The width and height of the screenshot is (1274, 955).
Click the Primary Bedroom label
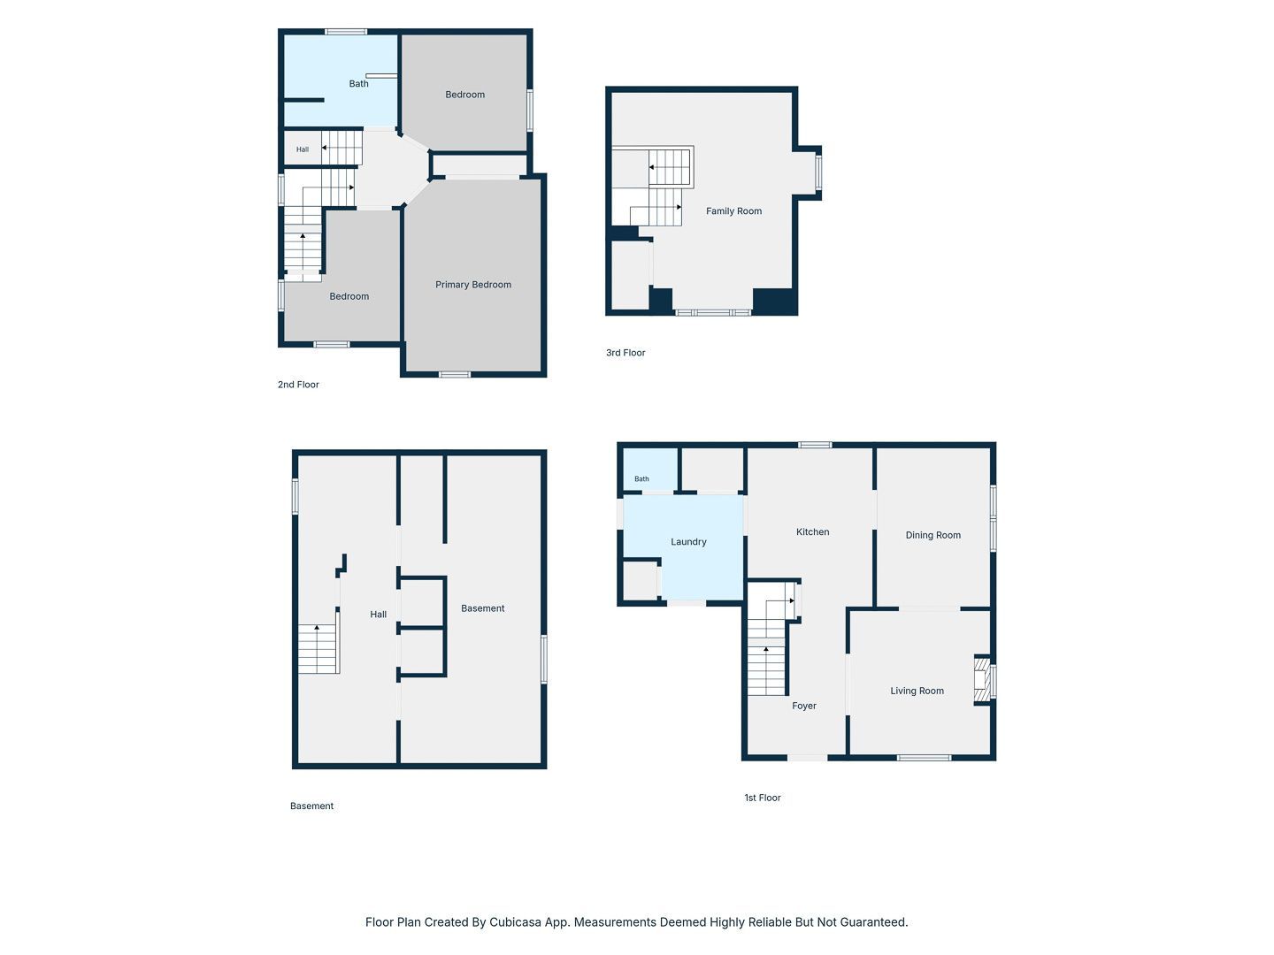click(473, 285)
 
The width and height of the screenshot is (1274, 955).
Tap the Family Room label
click(733, 211)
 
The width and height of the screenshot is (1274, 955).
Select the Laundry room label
click(688, 541)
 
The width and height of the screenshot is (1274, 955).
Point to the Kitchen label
click(812, 531)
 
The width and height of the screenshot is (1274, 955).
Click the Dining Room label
click(932, 535)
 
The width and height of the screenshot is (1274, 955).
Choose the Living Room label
click(917, 691)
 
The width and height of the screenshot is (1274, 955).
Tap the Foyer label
click(804, 706)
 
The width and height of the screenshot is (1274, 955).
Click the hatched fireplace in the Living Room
click(981, 680)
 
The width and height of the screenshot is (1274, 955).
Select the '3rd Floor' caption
click(625, 353)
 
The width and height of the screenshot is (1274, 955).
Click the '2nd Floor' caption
click(298, 385)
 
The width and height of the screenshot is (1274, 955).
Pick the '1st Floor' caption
click(763, 798)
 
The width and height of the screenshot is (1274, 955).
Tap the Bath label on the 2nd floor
click(358, 83)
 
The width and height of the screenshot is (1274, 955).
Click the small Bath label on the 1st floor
click(641, 479)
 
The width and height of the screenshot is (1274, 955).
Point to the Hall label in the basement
click(379, 614)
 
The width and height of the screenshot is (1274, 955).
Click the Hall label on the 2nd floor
click(303, 149)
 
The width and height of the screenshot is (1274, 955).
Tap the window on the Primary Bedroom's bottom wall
click(455, 375)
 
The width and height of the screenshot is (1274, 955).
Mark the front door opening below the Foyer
click(808, 757)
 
